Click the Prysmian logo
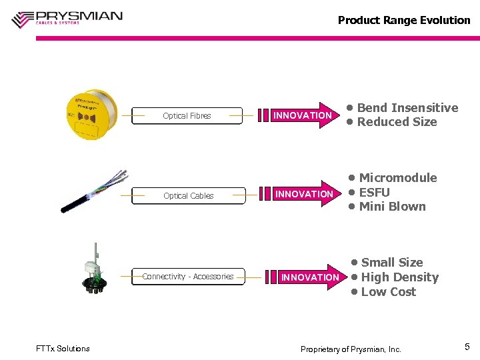67,18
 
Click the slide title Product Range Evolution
403,20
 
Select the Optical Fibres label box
187,116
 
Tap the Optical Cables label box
189,196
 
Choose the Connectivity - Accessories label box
188,277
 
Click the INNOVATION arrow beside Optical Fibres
304,115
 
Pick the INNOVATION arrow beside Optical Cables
304,194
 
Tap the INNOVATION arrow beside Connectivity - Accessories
311,277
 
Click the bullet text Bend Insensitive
407,108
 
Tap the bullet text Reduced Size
397,122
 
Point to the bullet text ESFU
374,193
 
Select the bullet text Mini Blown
392,207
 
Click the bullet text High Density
399,277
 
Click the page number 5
467,347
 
